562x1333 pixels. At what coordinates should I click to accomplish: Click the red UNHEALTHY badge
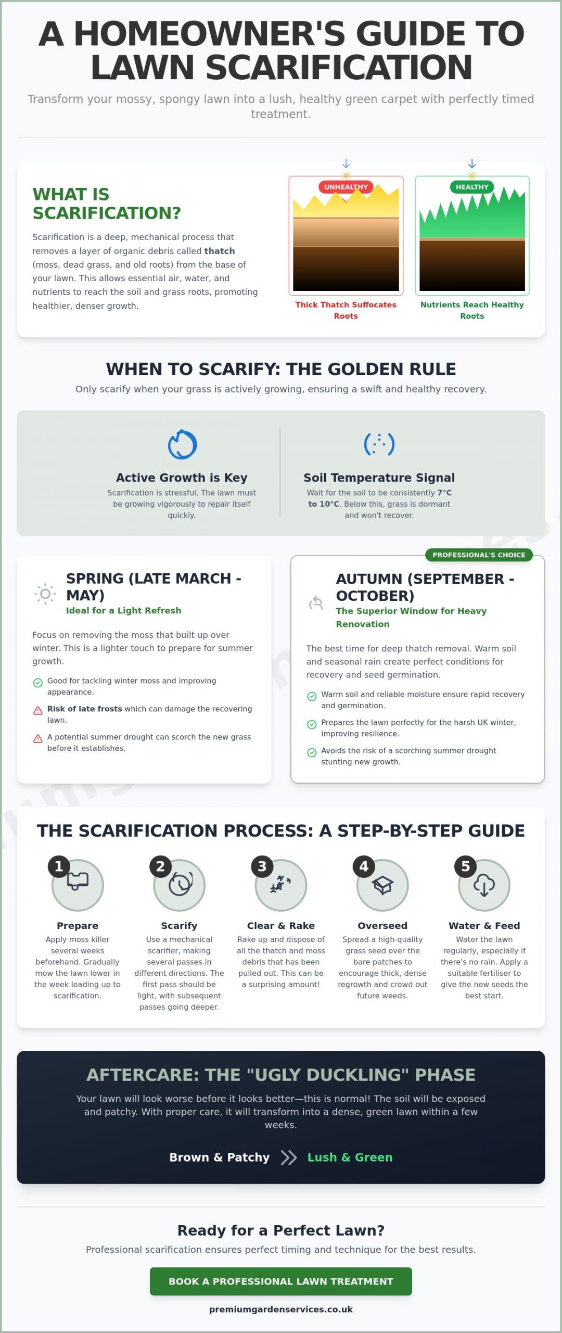pos(346,187)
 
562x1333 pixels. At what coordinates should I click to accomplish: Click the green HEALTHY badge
pos(472,187)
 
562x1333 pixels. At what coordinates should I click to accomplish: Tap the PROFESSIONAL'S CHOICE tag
pos(479,555)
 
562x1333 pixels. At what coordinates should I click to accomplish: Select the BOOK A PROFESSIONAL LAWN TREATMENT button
pos(281,1281)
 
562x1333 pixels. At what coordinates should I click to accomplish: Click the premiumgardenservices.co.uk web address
pos(281,1310)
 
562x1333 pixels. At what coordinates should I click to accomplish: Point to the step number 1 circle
pos(59,866)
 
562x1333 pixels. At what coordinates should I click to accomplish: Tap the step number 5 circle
pos(465,866)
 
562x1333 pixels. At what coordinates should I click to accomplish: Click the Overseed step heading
pos(382,926)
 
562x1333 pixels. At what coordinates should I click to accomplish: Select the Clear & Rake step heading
pos(281,926)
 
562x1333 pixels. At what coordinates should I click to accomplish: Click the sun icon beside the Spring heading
pos(45,594)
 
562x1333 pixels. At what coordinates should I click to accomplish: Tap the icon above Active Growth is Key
pos(182,445)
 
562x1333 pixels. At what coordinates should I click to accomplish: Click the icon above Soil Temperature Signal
pos(379,444)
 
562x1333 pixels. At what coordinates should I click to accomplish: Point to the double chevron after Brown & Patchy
pos(289,1158)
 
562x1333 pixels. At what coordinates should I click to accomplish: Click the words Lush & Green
pos(350,1158)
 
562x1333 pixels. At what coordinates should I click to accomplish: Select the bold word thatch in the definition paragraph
pos(219,251)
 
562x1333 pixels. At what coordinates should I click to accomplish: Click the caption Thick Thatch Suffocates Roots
pos(346,310)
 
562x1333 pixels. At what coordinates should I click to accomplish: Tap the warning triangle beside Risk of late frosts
pos(38,710)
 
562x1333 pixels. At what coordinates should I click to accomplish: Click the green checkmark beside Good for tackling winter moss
pos(38,683)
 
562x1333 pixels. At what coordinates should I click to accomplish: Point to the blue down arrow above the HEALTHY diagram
pos(472,164)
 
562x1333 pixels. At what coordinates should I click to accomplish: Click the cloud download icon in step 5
pos(484,885)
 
